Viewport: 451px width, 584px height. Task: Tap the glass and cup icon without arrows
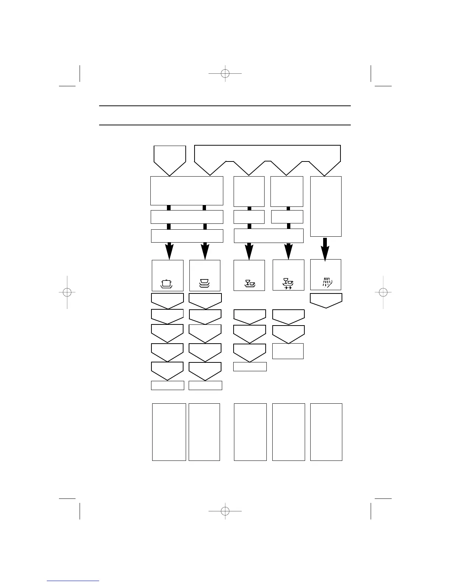tap(250, 284)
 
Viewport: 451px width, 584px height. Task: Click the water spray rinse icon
tap(326, 283)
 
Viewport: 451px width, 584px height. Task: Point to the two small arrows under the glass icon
tap(288, 288)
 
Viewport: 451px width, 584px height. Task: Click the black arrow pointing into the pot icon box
tap(169, 251)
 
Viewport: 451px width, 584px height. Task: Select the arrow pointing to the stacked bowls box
tap(205, 251)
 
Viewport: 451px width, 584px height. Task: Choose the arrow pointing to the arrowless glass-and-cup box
tap(249, 251)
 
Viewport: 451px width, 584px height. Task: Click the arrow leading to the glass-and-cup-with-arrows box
tap(289, 251)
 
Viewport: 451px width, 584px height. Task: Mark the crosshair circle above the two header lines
tap(225, 74)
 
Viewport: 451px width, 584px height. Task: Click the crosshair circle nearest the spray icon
tap(383, 292)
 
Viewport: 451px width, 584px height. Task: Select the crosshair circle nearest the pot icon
tap(67, 292)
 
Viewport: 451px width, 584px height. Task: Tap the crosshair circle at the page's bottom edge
tap(225, 511)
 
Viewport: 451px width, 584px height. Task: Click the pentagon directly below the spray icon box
tap(326, 300)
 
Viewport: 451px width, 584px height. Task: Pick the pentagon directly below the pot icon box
tap(167, 301)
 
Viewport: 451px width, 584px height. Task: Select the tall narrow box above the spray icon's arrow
tap(326, 206)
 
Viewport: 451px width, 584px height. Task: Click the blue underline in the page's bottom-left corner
tap(73, 581)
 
